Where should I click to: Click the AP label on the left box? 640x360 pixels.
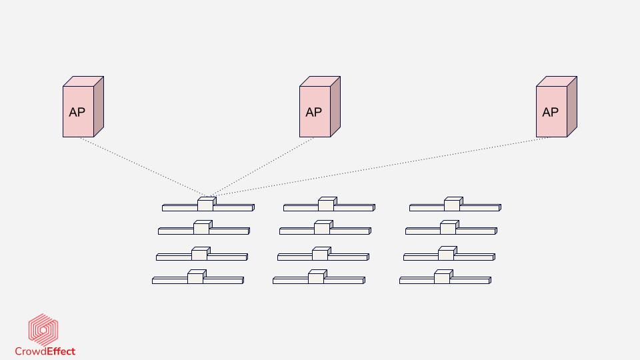click(77, 112)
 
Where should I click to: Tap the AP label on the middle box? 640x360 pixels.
click(313, 112)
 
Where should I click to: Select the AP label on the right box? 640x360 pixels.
click(550, 112)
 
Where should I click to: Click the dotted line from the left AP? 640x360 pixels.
click(143, 167)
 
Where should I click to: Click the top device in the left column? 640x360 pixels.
click(206, 205)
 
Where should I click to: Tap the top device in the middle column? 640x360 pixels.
click(327, 205)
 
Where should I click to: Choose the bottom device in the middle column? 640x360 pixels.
click(317, 278)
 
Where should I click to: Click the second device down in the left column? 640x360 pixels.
click(202, 229)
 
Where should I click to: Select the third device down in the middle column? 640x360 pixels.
click(321, 255)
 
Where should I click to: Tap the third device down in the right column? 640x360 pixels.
click(447, 255)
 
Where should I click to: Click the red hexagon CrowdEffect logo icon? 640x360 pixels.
click(43, 329)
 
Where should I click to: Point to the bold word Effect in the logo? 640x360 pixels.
click(61, 351)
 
